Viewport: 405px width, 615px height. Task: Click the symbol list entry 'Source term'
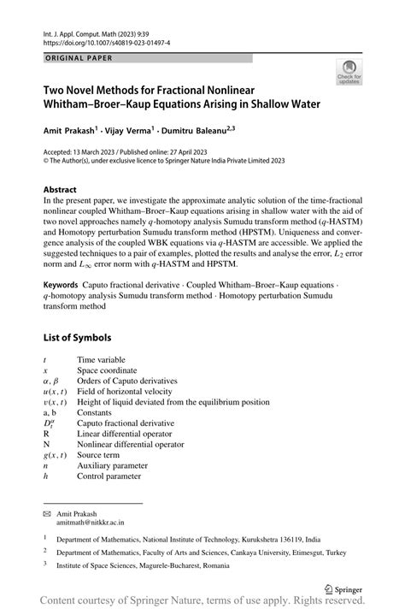pos(100,456)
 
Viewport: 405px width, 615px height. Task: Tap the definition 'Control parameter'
pos(109,476)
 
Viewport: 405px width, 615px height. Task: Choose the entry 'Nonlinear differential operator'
pos(131,445)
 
